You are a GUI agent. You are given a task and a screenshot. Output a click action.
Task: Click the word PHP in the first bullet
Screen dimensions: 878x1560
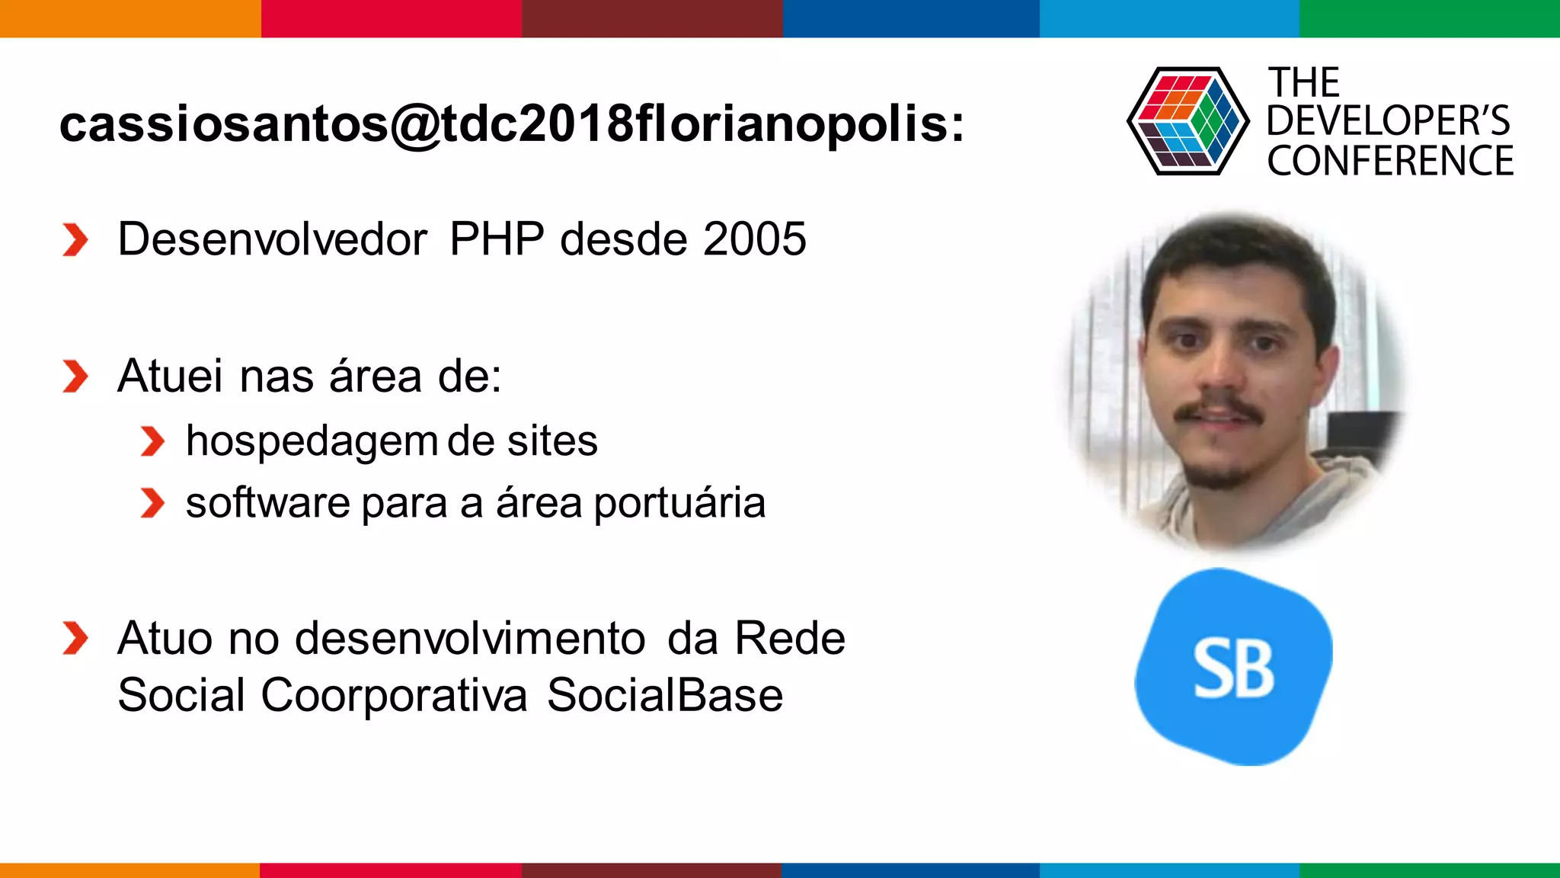497,239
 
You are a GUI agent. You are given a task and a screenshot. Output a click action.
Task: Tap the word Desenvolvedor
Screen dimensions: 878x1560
272,239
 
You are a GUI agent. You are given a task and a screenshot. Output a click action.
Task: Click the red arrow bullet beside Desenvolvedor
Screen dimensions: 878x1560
75,240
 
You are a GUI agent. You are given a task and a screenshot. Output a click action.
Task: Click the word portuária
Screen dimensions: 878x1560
679,504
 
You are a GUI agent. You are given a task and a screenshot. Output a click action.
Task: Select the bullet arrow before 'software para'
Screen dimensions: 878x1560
152,504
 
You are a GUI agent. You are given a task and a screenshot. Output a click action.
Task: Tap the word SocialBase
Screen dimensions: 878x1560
664,695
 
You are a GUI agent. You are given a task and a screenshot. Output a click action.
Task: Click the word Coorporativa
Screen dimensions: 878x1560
394,695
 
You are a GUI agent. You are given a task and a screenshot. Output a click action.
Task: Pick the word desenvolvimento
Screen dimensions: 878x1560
470,638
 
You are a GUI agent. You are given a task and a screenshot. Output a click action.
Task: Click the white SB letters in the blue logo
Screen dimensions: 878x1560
1232,668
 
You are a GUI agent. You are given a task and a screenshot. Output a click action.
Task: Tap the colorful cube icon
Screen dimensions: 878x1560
1188,121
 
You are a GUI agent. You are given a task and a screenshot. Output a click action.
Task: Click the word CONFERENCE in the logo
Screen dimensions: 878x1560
1389,162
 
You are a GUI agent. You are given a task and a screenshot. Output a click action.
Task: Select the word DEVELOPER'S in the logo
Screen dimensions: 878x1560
1388,121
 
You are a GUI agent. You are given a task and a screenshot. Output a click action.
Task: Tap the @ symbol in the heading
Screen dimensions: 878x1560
415,124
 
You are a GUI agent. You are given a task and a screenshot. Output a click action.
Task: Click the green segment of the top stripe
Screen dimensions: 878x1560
1429,18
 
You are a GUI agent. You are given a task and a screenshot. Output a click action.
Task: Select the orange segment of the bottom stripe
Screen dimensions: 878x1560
129,870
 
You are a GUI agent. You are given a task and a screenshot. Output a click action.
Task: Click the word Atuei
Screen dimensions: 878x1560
171,377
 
